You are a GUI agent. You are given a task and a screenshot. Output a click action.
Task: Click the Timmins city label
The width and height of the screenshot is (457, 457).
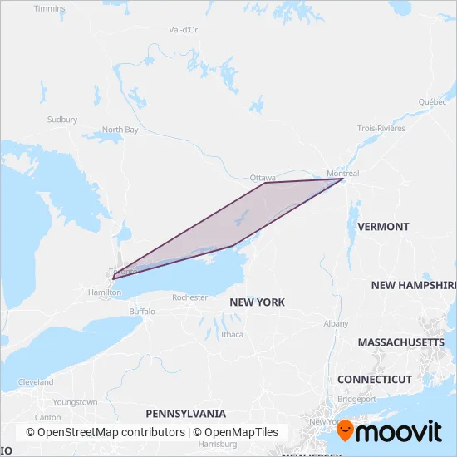50,8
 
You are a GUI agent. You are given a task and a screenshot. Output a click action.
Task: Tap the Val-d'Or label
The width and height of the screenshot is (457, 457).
183,29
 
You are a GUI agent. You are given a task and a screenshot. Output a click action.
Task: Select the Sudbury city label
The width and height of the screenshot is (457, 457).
62,120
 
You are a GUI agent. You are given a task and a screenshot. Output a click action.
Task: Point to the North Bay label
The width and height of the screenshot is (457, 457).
120,130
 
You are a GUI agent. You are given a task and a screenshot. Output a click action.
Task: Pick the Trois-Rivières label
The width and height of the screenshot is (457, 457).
381,128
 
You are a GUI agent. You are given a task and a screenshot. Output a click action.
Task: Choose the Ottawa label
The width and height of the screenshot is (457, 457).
263,178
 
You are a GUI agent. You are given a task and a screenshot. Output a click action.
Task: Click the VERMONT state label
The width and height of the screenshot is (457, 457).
382,226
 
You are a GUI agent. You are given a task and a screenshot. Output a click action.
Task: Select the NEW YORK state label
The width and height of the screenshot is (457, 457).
258,302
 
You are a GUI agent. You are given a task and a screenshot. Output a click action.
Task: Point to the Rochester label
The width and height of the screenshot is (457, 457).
189,297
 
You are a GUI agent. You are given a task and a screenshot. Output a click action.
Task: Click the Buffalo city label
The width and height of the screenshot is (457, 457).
142,312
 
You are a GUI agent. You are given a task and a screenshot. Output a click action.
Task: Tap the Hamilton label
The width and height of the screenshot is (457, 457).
105,292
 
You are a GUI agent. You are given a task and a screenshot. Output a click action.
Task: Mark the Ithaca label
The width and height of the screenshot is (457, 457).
232,334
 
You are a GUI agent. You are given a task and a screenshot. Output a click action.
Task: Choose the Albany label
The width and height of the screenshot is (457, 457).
337,323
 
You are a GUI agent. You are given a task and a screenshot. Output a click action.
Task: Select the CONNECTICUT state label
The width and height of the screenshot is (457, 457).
375,379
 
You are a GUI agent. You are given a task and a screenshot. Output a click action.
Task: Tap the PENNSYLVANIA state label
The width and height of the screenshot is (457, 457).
185,413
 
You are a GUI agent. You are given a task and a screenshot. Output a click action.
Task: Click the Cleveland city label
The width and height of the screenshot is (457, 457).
36,382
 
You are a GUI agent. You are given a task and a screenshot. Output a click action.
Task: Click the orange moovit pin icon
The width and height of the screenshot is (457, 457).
346,432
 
